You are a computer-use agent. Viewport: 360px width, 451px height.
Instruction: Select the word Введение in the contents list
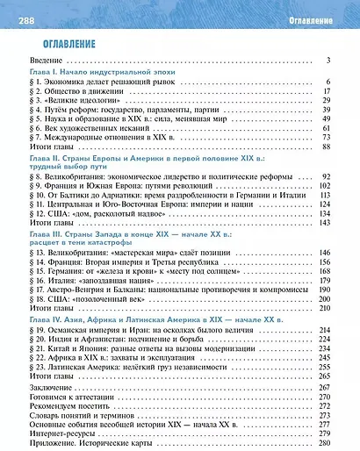(x=49, y=61)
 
